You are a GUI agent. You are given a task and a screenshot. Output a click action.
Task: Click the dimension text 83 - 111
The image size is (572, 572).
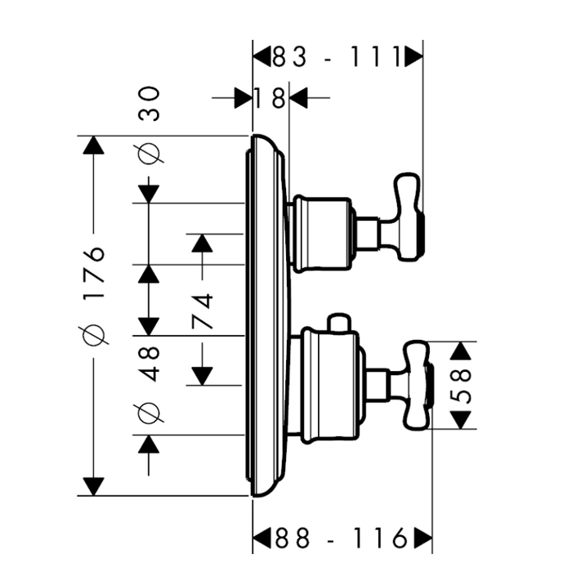tap(337, 56)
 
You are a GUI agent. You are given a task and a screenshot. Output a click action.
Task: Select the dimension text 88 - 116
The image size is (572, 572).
tap(342, 538)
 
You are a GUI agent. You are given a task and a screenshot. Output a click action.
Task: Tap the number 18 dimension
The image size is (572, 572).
tap(270, 99)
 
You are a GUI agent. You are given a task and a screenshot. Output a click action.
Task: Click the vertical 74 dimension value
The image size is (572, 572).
tap(203, 311)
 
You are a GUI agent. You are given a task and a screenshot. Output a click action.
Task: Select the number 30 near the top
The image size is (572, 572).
tap(150, 105)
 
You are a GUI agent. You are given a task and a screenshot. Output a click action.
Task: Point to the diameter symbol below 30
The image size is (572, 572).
tap(150, 153)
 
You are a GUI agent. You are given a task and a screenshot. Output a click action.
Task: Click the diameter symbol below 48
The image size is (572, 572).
tap(150, 413)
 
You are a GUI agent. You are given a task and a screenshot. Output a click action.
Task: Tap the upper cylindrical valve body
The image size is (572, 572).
tap(323, 234)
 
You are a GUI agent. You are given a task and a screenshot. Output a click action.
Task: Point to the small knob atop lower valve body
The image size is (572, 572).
tap(337, 324)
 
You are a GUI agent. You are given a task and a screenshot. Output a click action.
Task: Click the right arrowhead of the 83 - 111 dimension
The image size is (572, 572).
tap(415, 56)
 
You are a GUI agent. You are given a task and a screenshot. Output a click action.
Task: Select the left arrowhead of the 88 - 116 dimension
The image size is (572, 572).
tap(262, 538)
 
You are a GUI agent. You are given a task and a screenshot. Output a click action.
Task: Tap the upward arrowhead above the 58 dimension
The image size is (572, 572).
tap(463, 352)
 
